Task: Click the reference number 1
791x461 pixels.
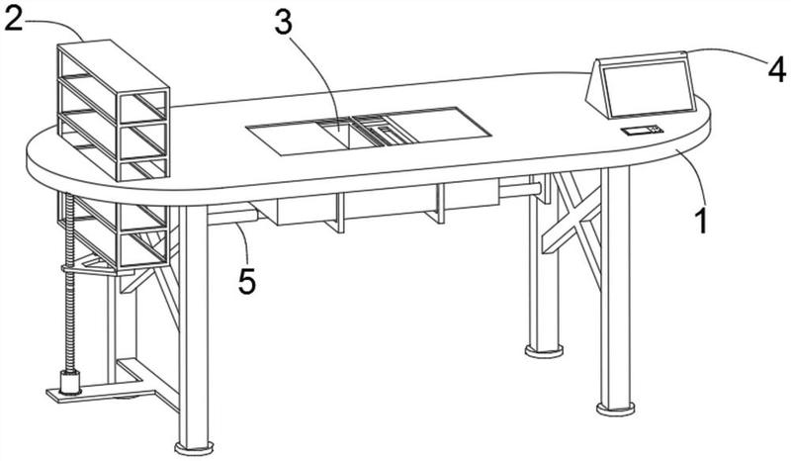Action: [x=701, y=222]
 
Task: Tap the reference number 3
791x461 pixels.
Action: [x=284, y=23]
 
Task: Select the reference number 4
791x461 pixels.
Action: [x=777, y=69]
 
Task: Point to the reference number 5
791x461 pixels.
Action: [x=247, y=281]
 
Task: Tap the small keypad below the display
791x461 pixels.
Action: [x=642, y=131]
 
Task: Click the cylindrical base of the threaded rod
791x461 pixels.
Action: [x=70, y=382]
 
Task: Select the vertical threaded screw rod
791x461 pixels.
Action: [x=69, y=283]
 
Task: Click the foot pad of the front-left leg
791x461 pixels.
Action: [x=194, y=447]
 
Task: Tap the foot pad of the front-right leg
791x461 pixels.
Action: [x=615, y=408]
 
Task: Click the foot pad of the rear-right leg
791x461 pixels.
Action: [x=544, y=350]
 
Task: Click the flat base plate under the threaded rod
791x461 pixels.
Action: [x=101, y=393]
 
